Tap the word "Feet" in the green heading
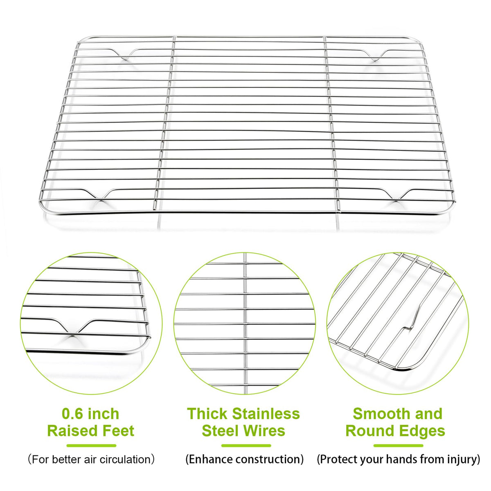[118, 431]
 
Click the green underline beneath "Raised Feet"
[92, 446]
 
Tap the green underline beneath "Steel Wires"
[246, 446]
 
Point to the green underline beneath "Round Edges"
[398, 446]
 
